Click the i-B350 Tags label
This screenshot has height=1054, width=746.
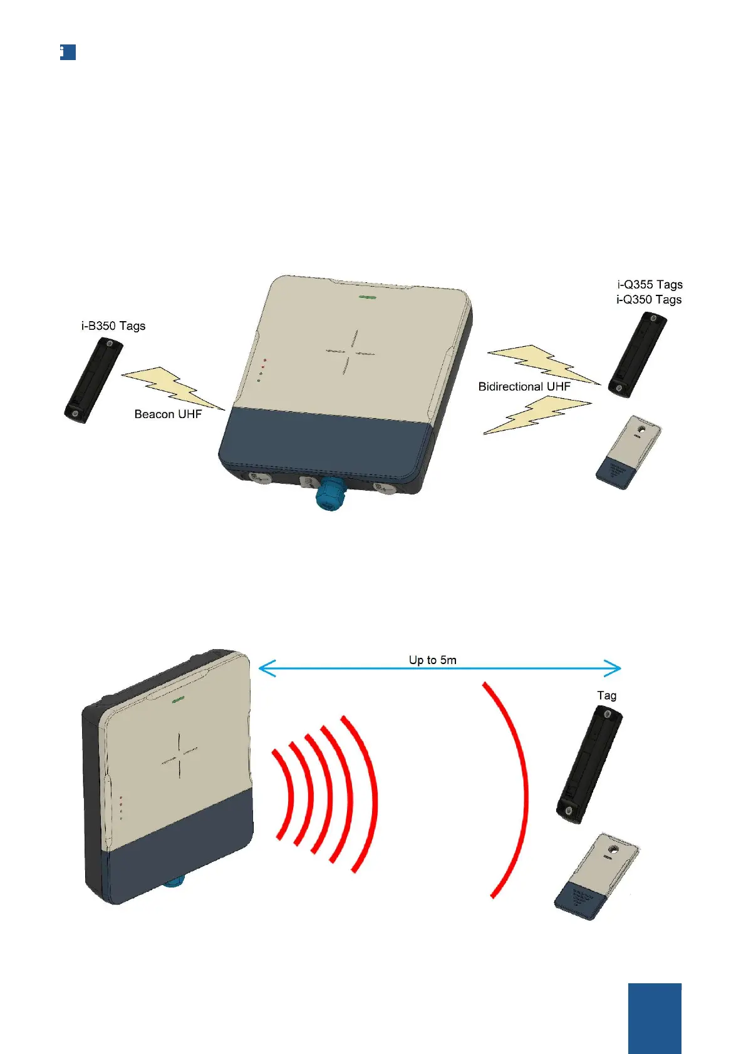pyautogui.click(x=113, y=326)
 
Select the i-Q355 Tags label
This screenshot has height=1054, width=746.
pyautogui.click(x=649, y=285)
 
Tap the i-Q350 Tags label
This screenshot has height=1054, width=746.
pyautogui.click(x=649, y=300)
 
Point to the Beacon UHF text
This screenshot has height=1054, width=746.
pyautogui.click(x=168, y=414)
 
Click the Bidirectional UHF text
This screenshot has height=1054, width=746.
pyautogui.click(x=524, y=387)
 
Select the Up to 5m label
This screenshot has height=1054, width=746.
pyautogui.click(x=432, y=660)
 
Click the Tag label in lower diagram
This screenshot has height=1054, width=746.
pyautogui.click(x=606, y=695)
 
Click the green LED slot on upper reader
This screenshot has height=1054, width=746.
pyautogui.click(x=367, y=299)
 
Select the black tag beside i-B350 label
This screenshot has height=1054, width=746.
pyautogui.click(x=92, y=380)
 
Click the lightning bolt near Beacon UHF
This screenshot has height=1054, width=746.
pyautogui.click(x=172, y=388)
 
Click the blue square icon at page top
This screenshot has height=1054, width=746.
pyautogui.click(x=68, y=52)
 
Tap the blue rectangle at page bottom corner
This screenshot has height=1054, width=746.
pyautogui.click(x=655, y=1018)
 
